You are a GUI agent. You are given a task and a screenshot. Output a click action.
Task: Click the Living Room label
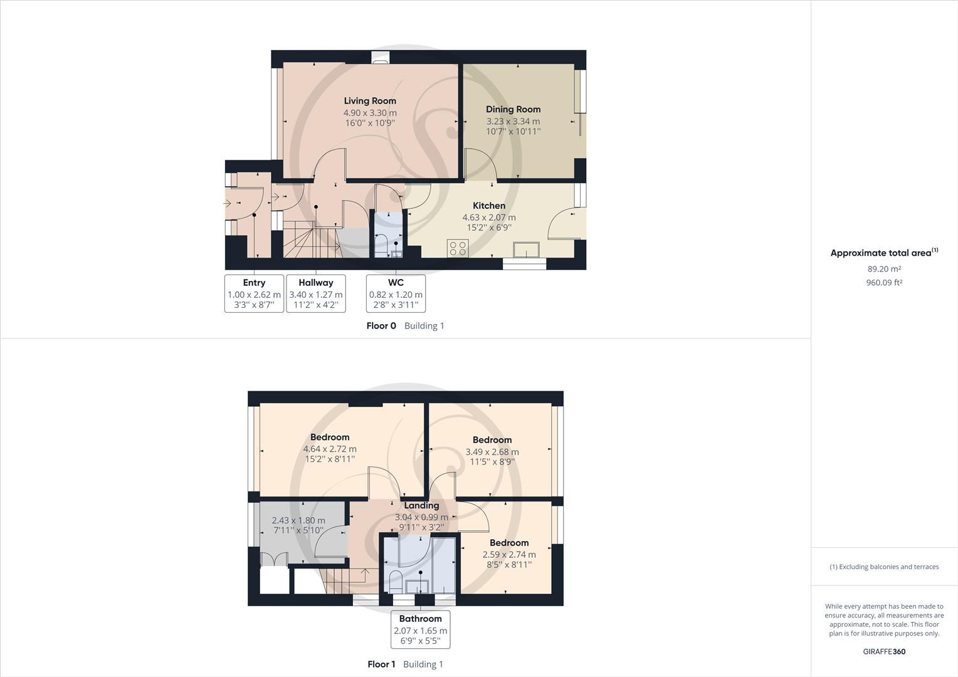tap(370, 101)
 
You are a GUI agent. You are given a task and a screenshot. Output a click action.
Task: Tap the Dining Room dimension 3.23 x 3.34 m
tap(513, 122)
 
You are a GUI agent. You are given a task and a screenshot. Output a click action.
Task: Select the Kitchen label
tap(489, 206)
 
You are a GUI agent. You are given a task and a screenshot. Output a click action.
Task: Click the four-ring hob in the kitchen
tap(458, 248)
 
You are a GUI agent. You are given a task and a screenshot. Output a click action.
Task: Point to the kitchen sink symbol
tap(526, 249)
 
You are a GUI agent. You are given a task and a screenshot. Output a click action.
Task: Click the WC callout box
tap(396, 293)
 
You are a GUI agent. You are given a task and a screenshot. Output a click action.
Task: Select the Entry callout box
tap(254, 293)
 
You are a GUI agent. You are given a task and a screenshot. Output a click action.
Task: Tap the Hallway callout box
tap(316, 293)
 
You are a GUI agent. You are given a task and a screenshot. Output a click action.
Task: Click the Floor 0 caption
tap(381, 326)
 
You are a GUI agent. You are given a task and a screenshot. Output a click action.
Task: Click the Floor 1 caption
tap(381, 664)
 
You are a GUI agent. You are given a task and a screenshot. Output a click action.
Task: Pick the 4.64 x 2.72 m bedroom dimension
tap(330, 449)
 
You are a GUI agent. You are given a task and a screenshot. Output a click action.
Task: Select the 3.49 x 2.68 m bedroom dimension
tap(492, 452)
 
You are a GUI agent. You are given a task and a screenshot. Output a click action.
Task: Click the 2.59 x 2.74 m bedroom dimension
tap(509, 555)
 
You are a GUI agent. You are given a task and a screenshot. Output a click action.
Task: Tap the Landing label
tap(421, 506)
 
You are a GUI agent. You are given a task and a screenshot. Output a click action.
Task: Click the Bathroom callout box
tap(421, 629)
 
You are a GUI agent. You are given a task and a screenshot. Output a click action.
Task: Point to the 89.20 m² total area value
tap(884, 269)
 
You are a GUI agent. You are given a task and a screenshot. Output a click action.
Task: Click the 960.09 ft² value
tap(884, 283)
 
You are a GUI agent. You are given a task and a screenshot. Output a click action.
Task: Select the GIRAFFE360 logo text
tap(884, 651)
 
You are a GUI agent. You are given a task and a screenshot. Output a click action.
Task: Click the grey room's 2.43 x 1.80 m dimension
tap(298, 520)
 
